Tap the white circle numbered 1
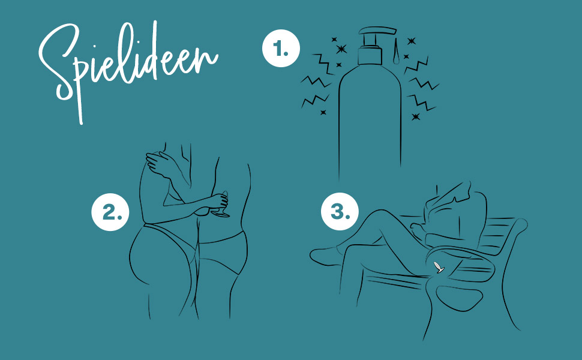[281, 48]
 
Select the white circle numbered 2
[110, 212]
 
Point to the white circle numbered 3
[340, 211]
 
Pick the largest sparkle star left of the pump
[341, 49]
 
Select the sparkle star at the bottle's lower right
[416, 116]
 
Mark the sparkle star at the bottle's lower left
[323, 112]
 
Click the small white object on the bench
[439, 267]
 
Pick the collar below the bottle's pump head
[370, 56]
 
